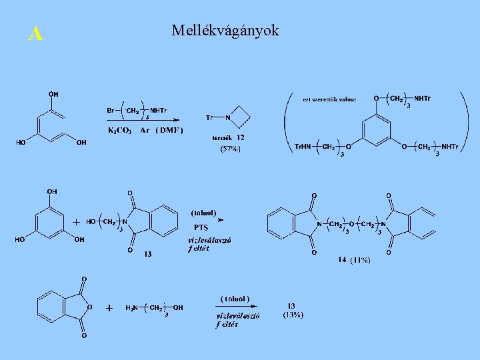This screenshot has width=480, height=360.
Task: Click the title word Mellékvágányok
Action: pyautogui.click(x=225, y=31)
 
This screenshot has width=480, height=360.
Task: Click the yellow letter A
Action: pyautogui.click(x=36, y=34)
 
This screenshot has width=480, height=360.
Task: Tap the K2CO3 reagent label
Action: pyautogui.click(x=120, y=130)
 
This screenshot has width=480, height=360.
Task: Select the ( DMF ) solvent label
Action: pyautogui.click(x=170, y=130)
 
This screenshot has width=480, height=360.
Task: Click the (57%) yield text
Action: pyautogui.click(x=230, y=149)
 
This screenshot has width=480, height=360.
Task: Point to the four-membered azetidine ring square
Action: pyautogui.click(x=241, y=117)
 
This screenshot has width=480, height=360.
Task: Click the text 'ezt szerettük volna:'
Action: pyautogui.click(x=329, y=99)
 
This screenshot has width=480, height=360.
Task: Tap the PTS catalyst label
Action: pyautogui.click(x=201, y=227)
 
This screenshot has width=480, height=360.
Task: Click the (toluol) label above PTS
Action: pyautogui.click(x=203, y=213)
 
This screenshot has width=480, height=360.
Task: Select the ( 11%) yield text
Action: pyautogui.click(x=359, y=259)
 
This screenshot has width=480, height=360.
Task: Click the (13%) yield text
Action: pyautogui.click(x=293, y=315)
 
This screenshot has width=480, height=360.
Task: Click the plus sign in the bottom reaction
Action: pyautogui.click(x=109, y=308)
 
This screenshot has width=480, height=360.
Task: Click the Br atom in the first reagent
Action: pyautogui.click(x=111, y=111)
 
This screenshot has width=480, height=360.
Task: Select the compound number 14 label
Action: pyautogui.click(x=341, y=259)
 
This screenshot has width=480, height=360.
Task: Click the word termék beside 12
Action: pyautogui.click(x=221, y=137)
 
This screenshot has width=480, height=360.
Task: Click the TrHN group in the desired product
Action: pyautogui.click(x=304, y=147)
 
